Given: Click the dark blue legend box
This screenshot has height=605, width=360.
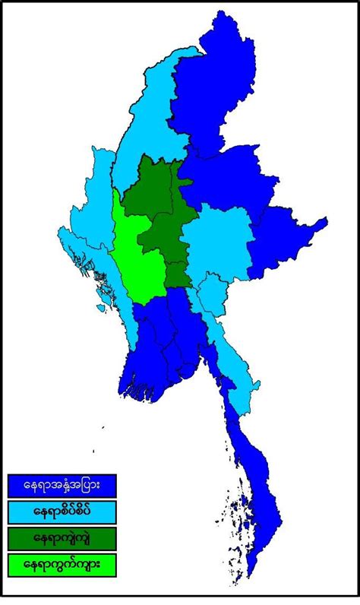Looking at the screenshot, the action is [62, 484].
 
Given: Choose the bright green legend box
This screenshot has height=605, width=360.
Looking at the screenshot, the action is [62, 564].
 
